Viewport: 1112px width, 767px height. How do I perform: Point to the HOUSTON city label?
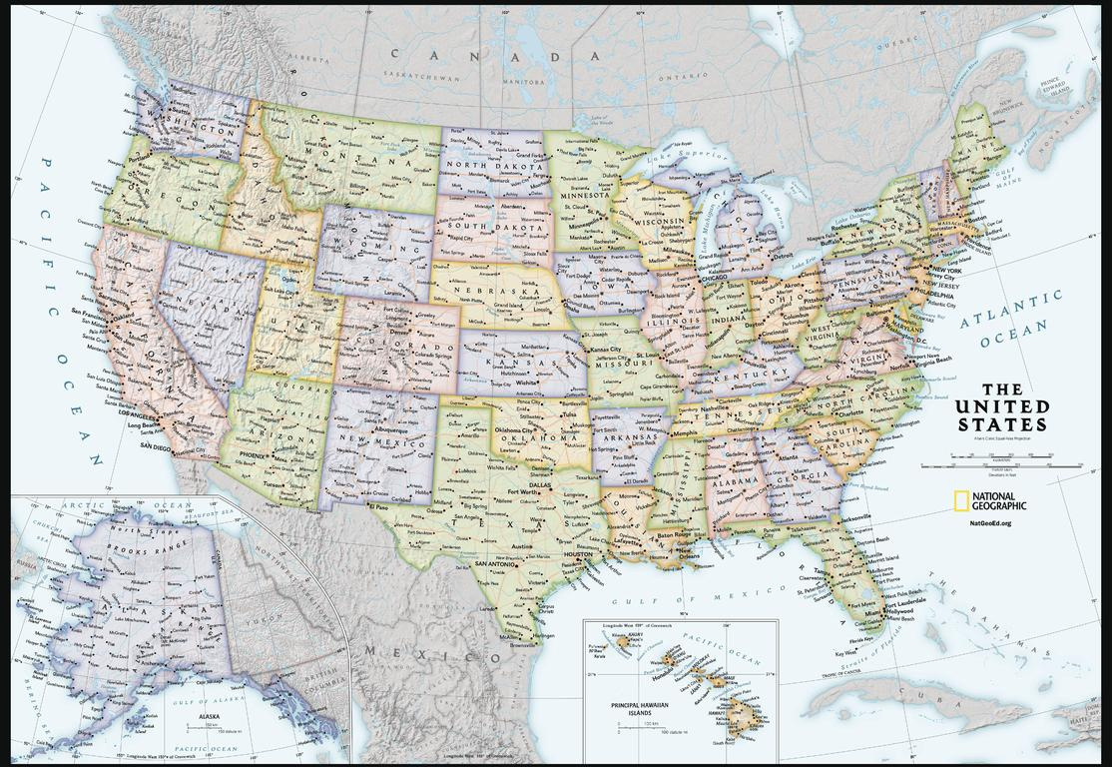click(578, 554)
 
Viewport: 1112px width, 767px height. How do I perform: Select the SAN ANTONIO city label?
click(494, 564)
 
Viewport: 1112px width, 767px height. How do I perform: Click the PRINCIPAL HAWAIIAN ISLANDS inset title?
click(642, 709)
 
